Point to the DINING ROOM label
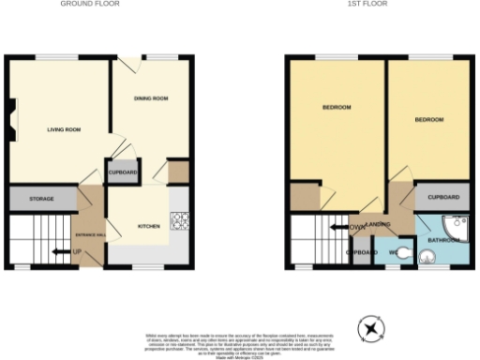coord(150,97)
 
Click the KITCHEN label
coord(149,226)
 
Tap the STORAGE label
coord(40,200)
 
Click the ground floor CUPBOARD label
coord(123,173)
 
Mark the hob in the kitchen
coord(179,221)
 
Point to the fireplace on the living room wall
coord(10,123)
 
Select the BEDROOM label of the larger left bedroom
coord(337,108)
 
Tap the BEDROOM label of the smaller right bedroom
coord(428,120)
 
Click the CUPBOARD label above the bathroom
coord(443,198)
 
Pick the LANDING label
coord(379,226)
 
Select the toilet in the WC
coord(403,251)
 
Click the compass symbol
coord(372,329)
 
